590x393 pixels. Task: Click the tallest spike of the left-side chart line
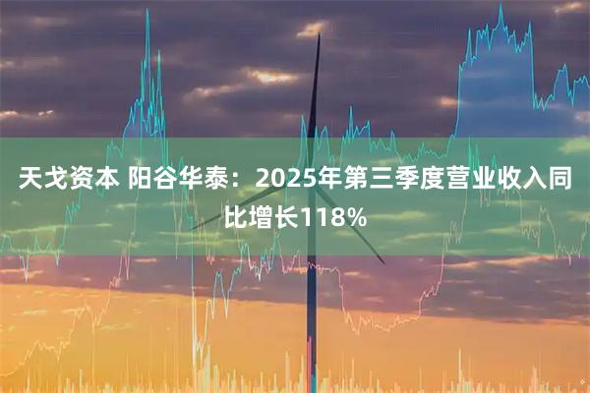pos(149,13)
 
